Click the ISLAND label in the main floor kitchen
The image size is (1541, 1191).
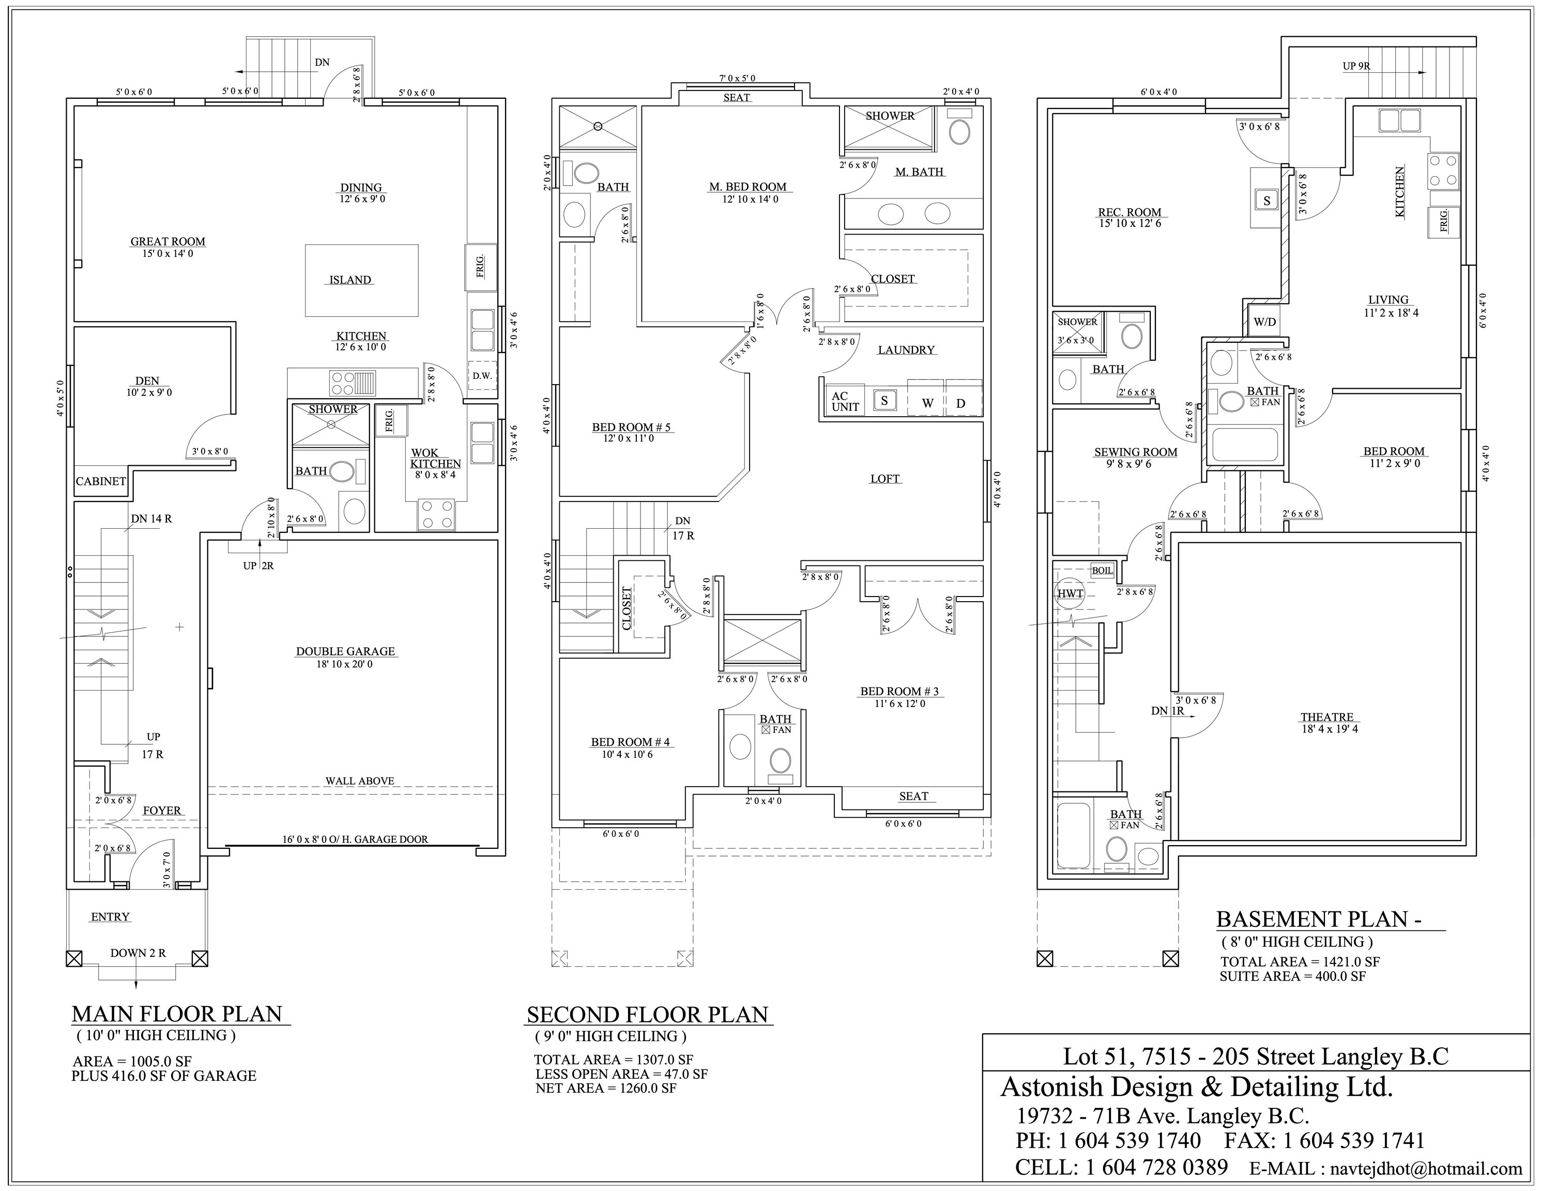point(350,280)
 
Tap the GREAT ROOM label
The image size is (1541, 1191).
point(168,242)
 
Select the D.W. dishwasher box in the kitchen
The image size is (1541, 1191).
point(483,376)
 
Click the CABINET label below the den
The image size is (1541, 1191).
point(101,481)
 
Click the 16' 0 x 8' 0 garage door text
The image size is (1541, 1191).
point(355,839)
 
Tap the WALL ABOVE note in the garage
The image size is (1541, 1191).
point(359,781)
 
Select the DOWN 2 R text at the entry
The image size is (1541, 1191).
point(139,953)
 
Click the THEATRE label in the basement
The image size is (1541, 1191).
point(1326,717)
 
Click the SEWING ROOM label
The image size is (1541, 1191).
point(1135,452)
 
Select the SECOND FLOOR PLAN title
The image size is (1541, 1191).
point(647,1015)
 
